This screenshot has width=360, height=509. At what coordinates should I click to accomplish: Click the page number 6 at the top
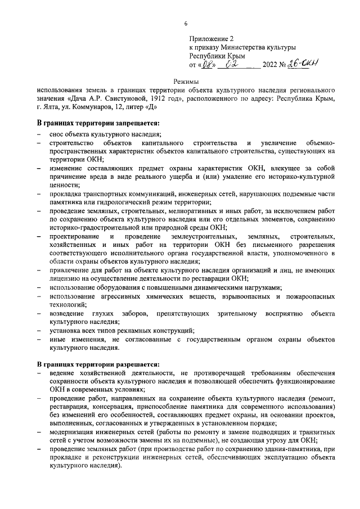coord(186,24)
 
